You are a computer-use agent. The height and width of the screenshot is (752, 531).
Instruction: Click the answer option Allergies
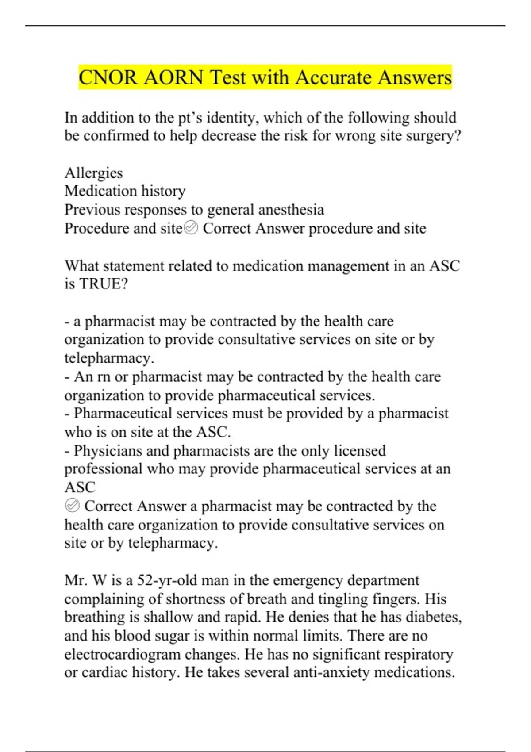(93, 173)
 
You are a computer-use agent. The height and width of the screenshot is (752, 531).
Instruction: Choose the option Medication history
(125, 191)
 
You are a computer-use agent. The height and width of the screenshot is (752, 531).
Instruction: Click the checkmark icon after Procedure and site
(191, 228)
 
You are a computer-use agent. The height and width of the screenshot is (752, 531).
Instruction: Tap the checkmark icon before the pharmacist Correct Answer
(72, 505)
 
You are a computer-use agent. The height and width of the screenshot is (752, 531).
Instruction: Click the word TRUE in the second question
(104, 284)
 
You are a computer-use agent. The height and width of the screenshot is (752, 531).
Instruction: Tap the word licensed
(360, 451)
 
